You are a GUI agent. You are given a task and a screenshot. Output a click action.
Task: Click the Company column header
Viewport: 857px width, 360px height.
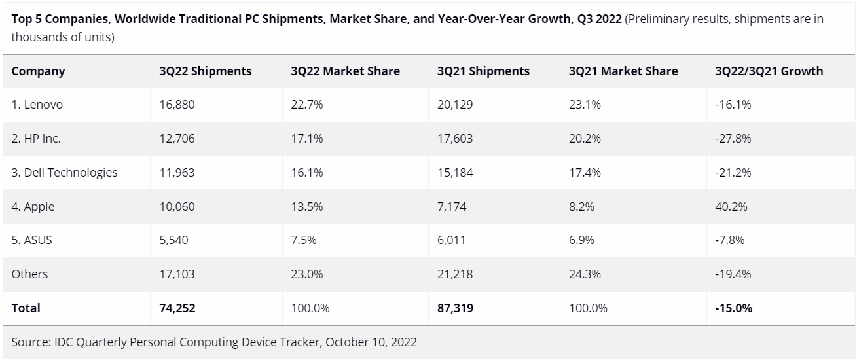pos(38,71)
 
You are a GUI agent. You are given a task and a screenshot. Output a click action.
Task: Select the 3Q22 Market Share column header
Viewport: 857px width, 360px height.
pos(345,71)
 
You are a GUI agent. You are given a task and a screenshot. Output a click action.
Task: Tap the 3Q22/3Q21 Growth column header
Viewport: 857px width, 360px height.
pos(769,71)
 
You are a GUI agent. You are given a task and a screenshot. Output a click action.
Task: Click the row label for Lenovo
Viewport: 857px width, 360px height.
pos(37,105)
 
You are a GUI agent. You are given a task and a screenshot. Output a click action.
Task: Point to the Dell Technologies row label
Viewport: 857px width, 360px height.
pos(64,173)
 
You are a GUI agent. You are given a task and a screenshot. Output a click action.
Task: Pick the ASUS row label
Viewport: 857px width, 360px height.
pos(31,240)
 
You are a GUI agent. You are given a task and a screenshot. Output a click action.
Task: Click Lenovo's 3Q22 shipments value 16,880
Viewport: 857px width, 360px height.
pos(177,105)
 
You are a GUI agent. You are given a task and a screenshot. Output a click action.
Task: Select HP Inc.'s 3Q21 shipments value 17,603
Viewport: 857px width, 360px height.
pos(455,139)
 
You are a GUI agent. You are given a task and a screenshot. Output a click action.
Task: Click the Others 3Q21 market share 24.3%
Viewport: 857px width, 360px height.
pos(585,274)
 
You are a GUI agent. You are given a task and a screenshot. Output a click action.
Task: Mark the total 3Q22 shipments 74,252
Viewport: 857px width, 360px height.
pos(177,308)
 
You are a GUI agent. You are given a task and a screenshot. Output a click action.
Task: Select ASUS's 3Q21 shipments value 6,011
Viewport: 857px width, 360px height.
pos(452,240)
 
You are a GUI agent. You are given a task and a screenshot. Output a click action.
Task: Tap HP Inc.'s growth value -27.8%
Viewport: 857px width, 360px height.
pos(733,139)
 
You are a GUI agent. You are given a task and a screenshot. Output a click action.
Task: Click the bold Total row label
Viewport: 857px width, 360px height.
pos(26,308)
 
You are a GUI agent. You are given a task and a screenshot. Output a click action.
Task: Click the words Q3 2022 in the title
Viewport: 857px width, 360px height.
pos(598,18)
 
